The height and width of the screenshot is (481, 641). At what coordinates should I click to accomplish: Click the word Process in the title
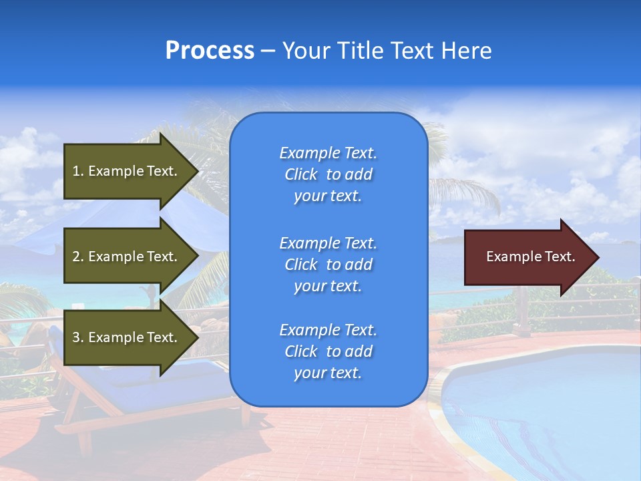point(210,51)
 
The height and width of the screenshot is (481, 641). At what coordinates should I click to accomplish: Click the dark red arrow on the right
point(527,257)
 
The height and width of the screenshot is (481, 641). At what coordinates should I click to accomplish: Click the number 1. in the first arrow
point(78,171)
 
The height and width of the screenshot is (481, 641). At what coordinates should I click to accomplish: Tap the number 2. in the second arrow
point(78,257)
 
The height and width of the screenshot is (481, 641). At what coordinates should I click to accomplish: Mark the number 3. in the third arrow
point(78,337)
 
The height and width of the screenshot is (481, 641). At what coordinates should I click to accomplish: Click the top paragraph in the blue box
point(328,174)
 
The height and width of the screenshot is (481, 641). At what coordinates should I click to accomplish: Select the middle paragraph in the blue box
point(328,264)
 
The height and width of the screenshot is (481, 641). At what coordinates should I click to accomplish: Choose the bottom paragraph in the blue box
point(328,351)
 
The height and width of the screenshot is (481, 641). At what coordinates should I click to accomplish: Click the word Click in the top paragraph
point(300,174)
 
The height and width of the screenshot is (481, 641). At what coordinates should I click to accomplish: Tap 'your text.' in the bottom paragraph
point(328,373)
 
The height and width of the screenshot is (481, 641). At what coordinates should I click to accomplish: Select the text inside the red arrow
point(530,257)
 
